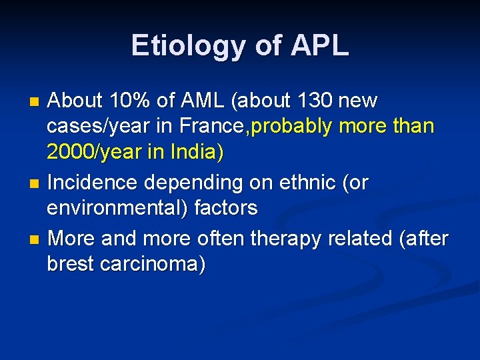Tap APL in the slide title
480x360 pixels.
coord(319,46)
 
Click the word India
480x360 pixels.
coord(190,153)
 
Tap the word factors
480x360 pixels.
coord(225,209)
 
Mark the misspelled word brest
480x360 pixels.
coord(71,264)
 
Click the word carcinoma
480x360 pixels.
coord(153,264)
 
